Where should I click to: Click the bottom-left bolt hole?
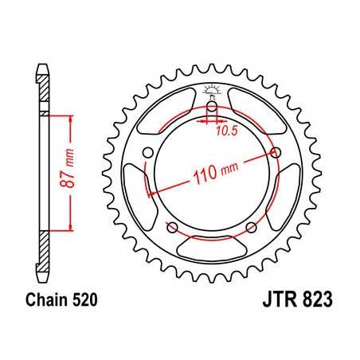[x=170, y=228]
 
